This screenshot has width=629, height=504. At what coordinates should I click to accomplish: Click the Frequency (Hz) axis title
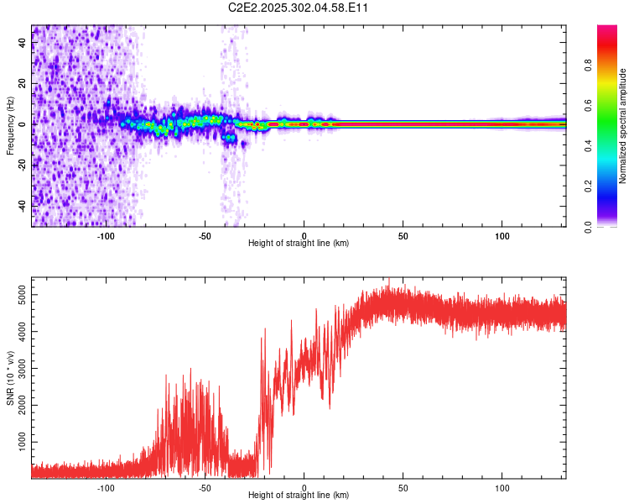coord(10,126)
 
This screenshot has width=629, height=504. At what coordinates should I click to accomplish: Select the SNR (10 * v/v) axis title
coord(10,378)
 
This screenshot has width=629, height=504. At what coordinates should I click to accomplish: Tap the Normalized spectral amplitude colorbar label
coord(623,126)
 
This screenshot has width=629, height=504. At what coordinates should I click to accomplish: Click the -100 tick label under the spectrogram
coord(106,236)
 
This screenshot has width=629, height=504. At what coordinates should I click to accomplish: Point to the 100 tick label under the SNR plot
coord(502,488)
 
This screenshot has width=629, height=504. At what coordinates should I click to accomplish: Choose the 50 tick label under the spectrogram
coord(403,236)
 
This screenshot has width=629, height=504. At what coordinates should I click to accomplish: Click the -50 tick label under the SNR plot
coord(205,488)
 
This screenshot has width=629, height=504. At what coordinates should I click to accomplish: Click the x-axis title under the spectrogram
coord(299,244)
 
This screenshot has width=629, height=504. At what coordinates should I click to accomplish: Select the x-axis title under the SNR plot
coord(299,496)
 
